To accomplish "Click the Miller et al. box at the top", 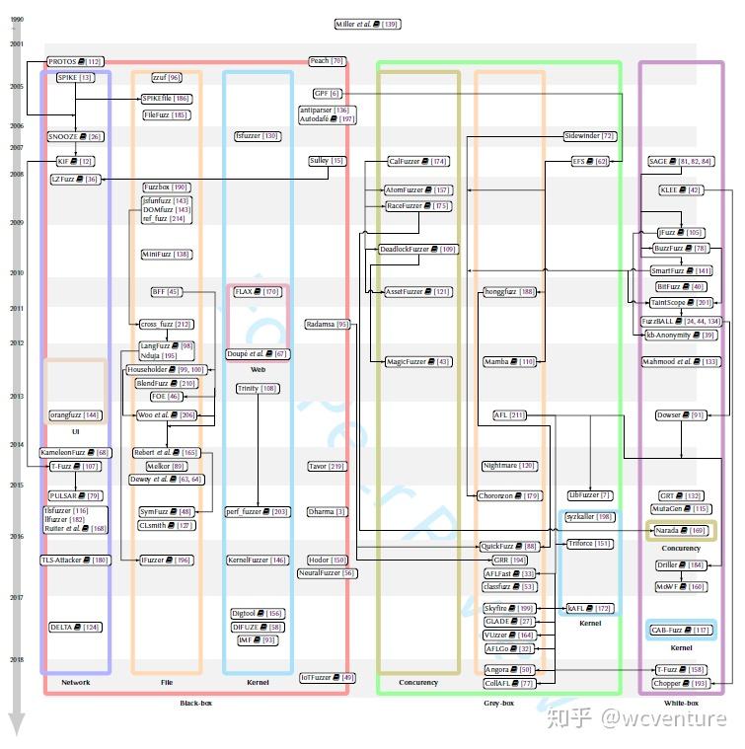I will pos(367,24).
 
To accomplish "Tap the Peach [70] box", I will pos(327,61).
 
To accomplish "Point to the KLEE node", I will pos(681,189).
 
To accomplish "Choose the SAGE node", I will pos(681,161).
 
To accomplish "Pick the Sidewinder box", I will pos(589,136).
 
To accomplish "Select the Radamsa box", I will pos(328,324).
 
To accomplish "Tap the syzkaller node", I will pos(590,517).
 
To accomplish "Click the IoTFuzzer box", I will pos(328,678).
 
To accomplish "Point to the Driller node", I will pos(681,565).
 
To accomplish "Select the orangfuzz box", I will pos(76,415).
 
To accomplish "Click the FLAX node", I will pos(257,292).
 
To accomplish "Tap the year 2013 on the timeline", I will pos(17,397).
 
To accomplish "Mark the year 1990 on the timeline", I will pos(17,20).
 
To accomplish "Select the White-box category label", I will pos(681,704).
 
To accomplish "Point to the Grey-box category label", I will pos(499,704).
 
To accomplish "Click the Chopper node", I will pos(682,683).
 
